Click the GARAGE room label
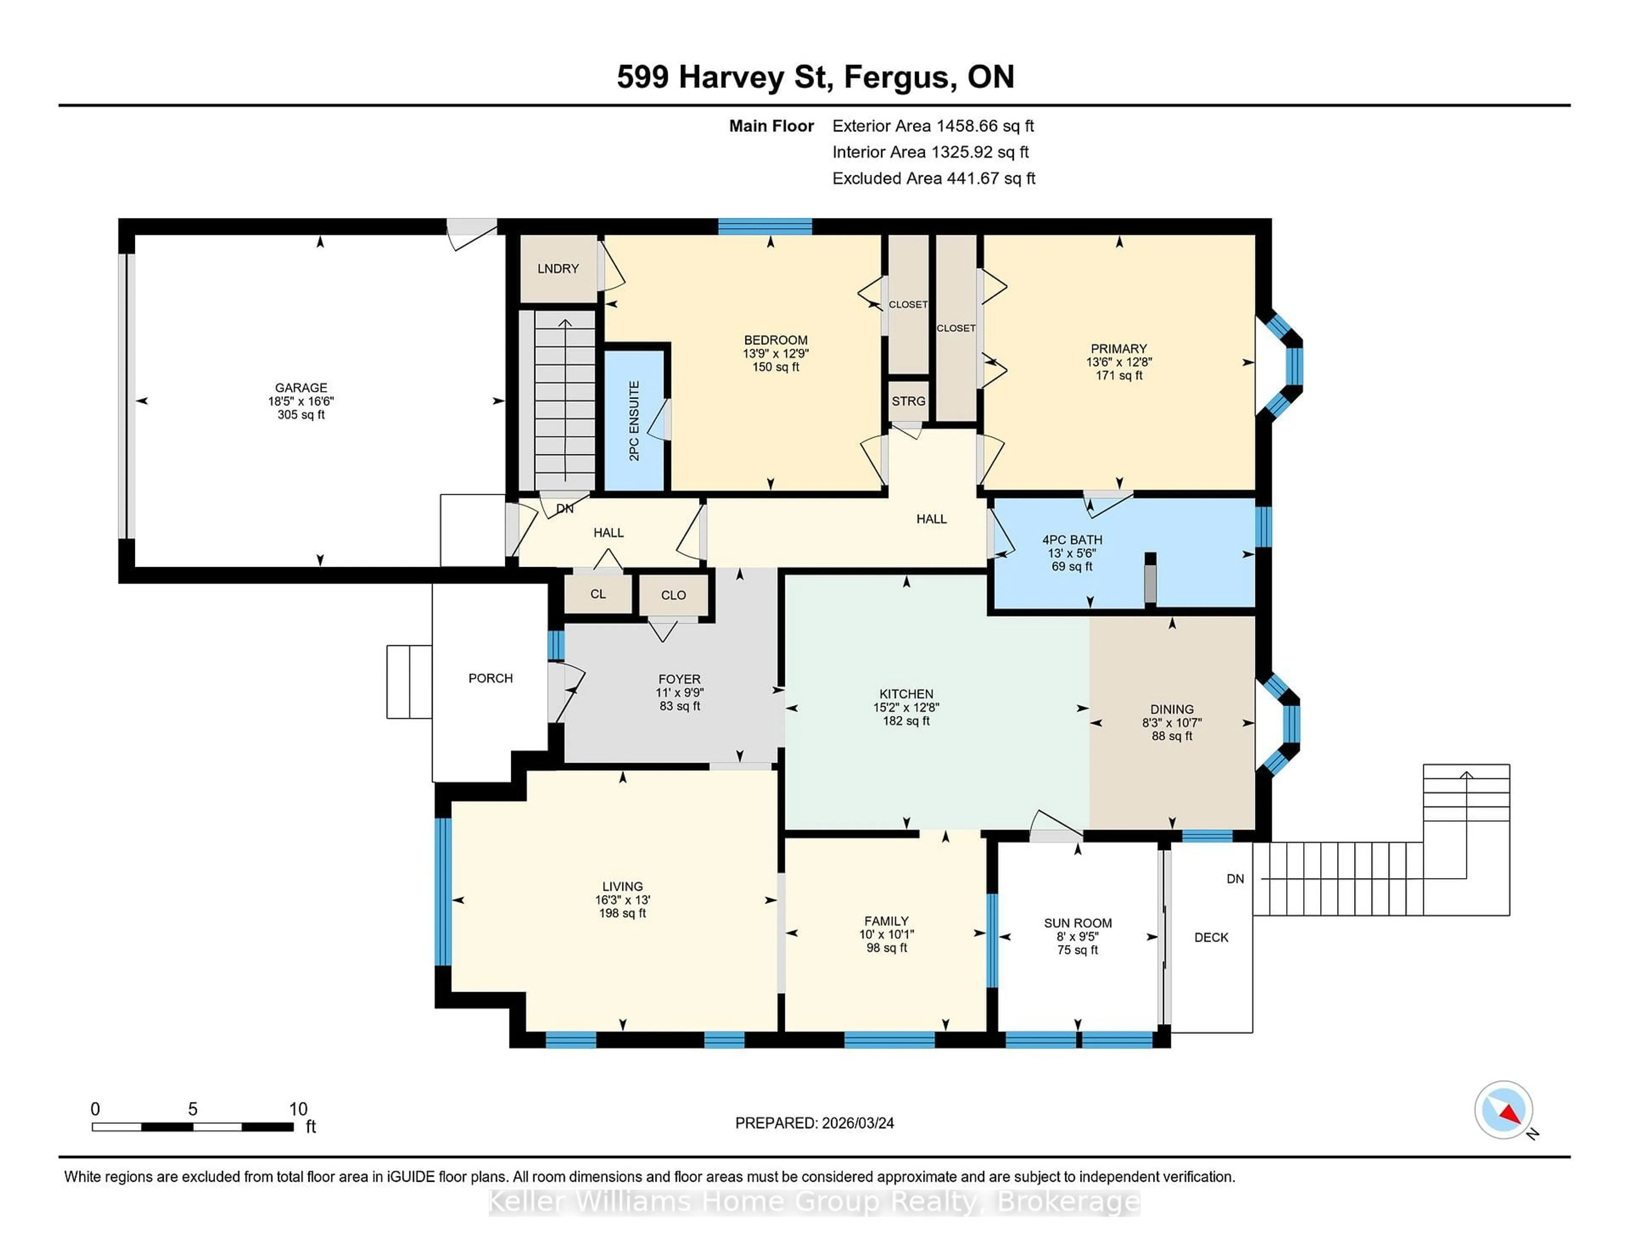coord(301,388)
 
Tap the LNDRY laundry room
coord(558,269)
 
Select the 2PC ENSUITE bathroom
coord(634,421)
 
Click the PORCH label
coord(490,678)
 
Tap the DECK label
coord(1211,937)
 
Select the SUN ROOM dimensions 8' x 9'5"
coord(1077,937)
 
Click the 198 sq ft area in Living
coord(622,913)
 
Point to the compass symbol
coord(1503,1110)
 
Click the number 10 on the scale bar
coord(298,1109)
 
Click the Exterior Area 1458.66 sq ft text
coord(932,126)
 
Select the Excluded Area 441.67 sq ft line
coord(933,178)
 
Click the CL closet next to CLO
coord(597,594)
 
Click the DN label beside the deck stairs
coord(1235,879)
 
